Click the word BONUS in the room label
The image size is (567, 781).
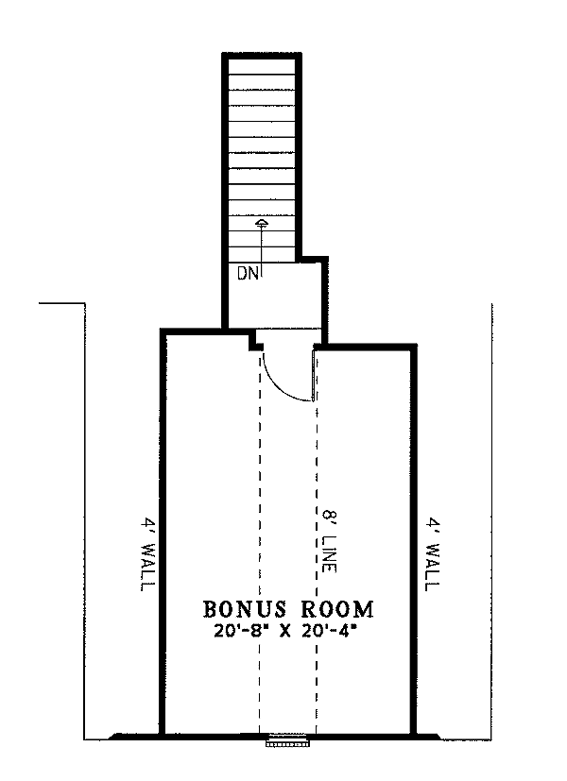click(x=245, y=609)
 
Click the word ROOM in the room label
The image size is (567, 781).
click(x=337, y=609)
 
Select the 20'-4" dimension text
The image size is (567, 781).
click(x=331, y=631)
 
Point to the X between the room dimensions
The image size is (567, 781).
click(x=286, y=632)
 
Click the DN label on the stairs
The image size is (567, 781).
click(x=248, y=274)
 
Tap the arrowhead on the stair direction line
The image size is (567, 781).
click(x=262, y=223)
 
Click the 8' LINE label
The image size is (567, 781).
click(x=329, y=540)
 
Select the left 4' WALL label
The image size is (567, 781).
click(x=147, y=554)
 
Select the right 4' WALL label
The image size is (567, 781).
click(x=433, y=554)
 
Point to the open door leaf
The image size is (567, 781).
click(x=314, y=375)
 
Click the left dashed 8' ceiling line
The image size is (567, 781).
click(x=260, y=543)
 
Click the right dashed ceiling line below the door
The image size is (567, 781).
click(x=317, y=568)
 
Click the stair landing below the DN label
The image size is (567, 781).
click(x=274, y=297)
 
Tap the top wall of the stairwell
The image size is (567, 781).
click(x=262, y=56)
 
